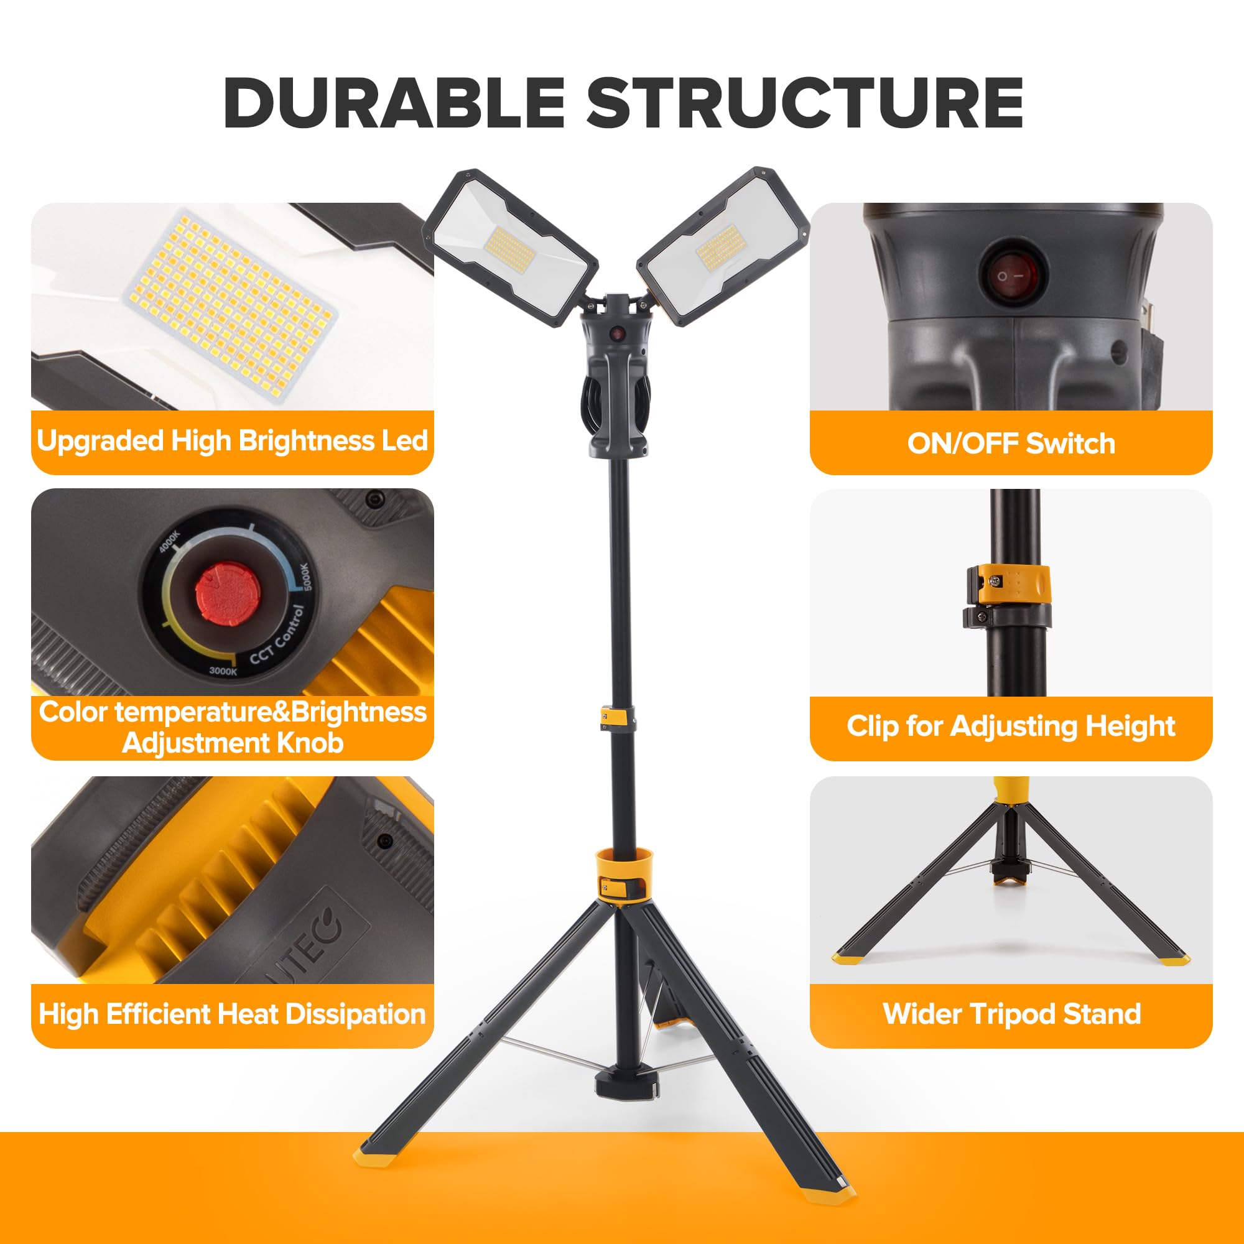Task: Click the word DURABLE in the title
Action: pos(394,104)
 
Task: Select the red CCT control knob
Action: pos(227,592)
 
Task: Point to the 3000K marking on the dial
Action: pos(223,671)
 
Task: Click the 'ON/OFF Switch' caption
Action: pos(1011,443)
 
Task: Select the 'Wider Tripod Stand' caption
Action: pos(1011,1013)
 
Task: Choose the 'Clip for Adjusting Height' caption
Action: pos(1011,726)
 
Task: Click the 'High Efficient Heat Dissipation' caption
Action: pos(232,1013)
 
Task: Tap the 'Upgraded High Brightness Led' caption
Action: pos(232,441)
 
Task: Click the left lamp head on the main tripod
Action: pos(511,248)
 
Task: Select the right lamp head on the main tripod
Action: pos(722,246)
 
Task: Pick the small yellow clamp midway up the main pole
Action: pos(617,717)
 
